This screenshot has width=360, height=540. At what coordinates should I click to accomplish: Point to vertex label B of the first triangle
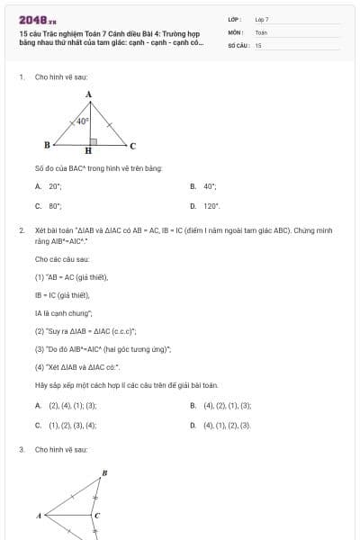point(47,144)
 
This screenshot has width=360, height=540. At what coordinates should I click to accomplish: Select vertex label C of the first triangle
point(132,145)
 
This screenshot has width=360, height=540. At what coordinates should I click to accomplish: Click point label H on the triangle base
point(88,151)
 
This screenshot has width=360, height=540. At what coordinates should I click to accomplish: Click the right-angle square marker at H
point(92,139)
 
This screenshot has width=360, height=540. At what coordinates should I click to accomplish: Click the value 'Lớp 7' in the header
point(262,19)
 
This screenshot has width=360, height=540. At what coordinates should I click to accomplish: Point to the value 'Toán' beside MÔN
point(261,31)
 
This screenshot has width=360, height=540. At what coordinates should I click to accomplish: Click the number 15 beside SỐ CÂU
point(258,45)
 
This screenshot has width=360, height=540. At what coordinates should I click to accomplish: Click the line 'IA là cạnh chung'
point(64,312)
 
